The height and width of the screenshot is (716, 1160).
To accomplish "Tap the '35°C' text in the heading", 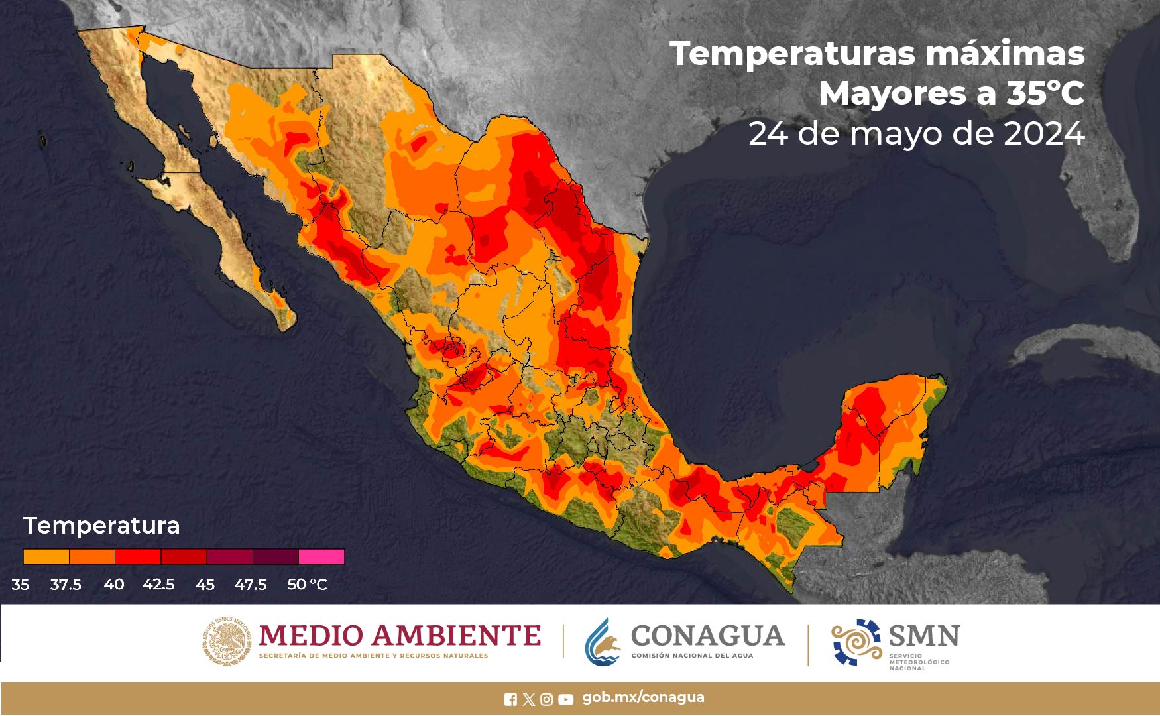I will [1045, 93].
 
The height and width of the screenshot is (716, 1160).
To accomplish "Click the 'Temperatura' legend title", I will [101, 526].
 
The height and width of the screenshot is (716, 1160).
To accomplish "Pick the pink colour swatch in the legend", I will [321, 556].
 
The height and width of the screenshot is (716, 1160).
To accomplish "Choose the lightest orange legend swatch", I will [46, 556].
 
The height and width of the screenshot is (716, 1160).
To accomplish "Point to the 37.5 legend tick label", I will [66, 585].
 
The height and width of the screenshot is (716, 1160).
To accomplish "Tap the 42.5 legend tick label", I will [158, 585].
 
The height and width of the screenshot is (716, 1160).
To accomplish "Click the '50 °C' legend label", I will [307, 585].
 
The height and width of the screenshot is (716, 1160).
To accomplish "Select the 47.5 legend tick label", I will [250, 585].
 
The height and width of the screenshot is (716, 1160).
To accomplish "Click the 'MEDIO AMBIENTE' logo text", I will [400, 636].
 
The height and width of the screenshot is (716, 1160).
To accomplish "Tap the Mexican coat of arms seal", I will [227, 641].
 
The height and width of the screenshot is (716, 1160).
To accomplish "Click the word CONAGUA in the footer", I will [707, 636].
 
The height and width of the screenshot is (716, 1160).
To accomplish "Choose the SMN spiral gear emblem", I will [856, 641].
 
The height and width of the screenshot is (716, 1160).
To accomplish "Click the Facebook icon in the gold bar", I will [510, 699].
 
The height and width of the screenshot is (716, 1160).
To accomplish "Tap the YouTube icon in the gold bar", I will [565, 699].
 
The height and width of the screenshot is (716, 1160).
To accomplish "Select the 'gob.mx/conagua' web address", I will [643, 697].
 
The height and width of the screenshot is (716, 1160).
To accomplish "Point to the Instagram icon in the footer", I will [547, 699].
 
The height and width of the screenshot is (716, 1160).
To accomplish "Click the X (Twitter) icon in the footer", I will [528, 699].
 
